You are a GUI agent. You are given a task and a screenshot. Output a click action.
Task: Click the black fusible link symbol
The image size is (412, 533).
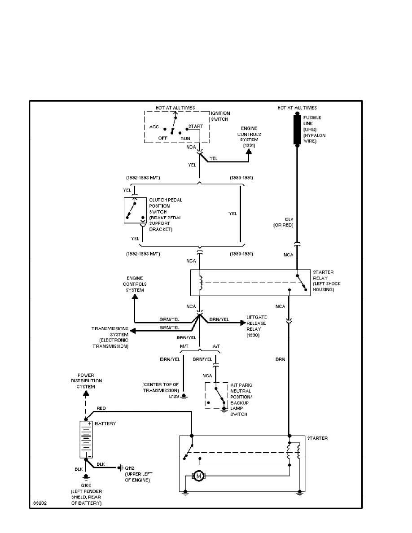(x=297, y=130)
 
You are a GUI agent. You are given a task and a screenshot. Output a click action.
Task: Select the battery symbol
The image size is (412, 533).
(x=85, y=438)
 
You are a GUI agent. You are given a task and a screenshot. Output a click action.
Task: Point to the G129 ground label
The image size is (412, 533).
(x=173, y=397)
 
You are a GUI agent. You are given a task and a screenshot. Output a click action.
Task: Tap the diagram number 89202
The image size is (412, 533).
(x=39, y=503)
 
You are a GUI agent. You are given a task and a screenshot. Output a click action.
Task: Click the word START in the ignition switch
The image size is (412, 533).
(x=195, y=126)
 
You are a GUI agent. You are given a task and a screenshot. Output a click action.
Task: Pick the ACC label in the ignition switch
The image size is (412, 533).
(x=154, y=127)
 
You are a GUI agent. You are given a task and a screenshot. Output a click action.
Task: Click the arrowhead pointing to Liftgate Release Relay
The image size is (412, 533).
(x=243, y=322)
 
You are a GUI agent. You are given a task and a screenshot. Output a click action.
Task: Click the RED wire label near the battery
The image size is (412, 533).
(x=101, y=409)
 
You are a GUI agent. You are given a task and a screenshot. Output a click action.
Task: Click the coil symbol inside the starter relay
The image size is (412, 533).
(x=201, y=283)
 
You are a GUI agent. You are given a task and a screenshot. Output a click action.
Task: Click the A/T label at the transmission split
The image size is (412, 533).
(x=216, y=346)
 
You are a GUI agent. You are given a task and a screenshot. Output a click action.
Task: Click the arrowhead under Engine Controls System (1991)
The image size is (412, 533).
(x=249, y=153)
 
